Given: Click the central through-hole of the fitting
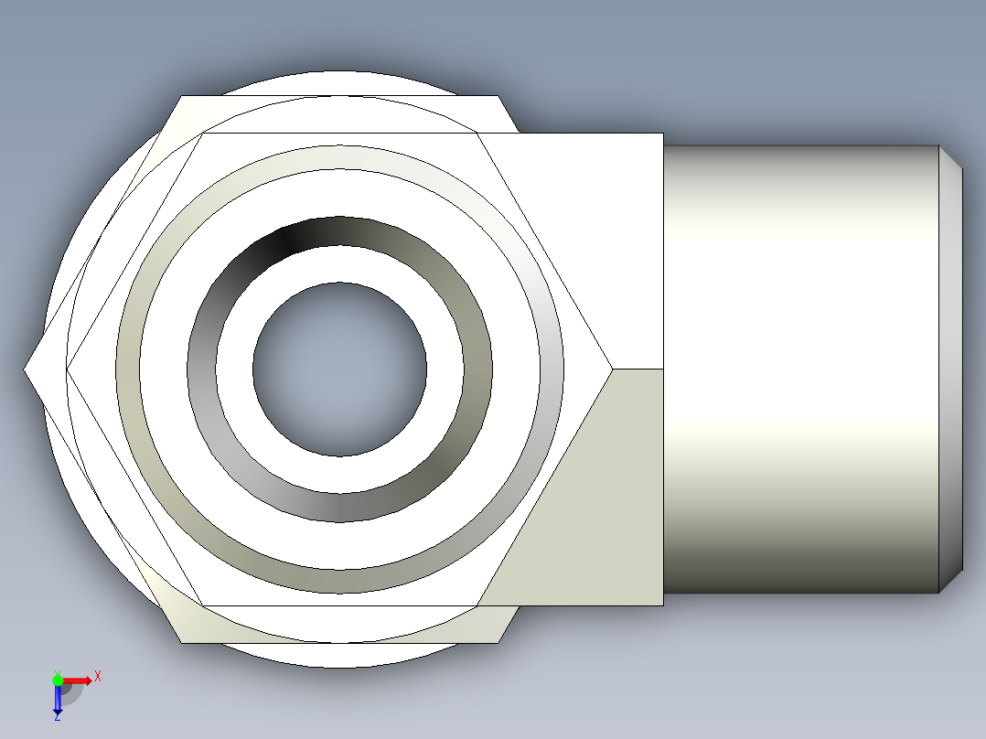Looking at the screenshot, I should click(339, 369).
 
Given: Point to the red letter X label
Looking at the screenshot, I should click(98, 677).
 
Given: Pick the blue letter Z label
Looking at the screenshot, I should click(57, 718).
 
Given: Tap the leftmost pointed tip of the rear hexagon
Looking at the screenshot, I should click(26, 369).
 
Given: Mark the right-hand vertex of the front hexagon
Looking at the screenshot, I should click(611, 369).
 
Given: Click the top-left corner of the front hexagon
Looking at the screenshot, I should click(202, 134).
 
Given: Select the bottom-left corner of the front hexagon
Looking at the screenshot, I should click(202, 605).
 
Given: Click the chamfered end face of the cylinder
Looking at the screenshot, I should click(951, 369).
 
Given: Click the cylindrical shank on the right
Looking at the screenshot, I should click(800, 369).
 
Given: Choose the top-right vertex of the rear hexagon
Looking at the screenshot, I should click(498, 96).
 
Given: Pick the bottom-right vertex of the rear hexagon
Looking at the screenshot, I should click(498, 642).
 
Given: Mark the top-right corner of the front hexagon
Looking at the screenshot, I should click(477, 134).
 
